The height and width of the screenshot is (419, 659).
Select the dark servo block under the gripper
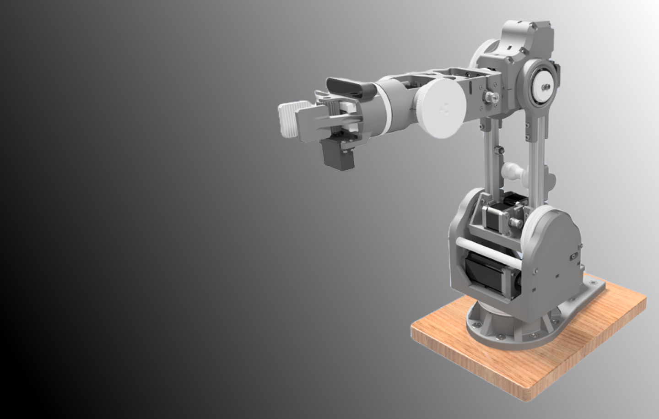[x=335, y=156]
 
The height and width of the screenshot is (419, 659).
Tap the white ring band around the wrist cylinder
[x=387, y=108]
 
